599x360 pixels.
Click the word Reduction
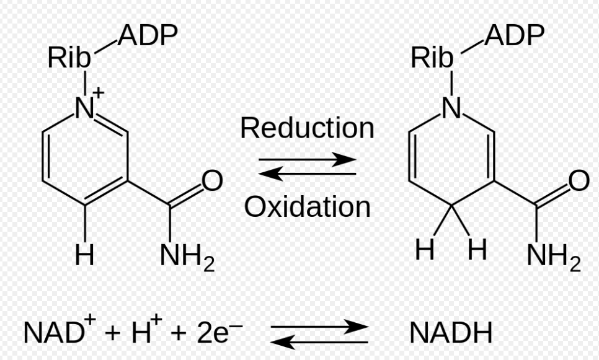pyautogui.click(x=307, y=128)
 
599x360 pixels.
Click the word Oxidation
pyautogui.click(x=308, y=207)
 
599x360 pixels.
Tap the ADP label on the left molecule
pyautogui.click(x=148, y=35)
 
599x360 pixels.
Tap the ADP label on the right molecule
pyautogui.click(x=514, y=35)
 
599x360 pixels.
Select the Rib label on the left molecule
pyautogui.click(x=69, y=58)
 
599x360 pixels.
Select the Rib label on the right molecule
pyautogui.click(x=432, y=58)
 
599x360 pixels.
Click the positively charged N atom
pyautogui.click(x=85, y=108)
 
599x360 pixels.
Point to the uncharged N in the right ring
pyautogui.click(x=451, y=107)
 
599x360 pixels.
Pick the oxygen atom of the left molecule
pyautogui.click(x=212, y=180)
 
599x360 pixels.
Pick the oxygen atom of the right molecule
pyautogui.click(x=579, y=180)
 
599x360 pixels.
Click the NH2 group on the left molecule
pyautogui.click(x=187, y=257)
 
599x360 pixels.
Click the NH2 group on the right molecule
pyautogui.click(x=554, y=257)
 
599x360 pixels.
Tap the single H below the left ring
pyautogui.click(x=84, y=255)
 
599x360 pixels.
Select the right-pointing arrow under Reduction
pyautogui.click(x=308, y=159)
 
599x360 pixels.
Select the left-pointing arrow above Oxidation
pyautogui.click(x=308, y=173)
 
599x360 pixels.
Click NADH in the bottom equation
pyautogui.click(x=451, y=333)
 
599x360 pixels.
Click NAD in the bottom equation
pyautogui.click(x=53, y=333)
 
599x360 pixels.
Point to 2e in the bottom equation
pyautogui.click(x=213, y=333)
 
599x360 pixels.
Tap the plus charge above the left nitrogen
pyautogui.click(x=98, y=92)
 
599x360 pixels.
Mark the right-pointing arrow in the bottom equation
pyautogui.click(x=319, y=327)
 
